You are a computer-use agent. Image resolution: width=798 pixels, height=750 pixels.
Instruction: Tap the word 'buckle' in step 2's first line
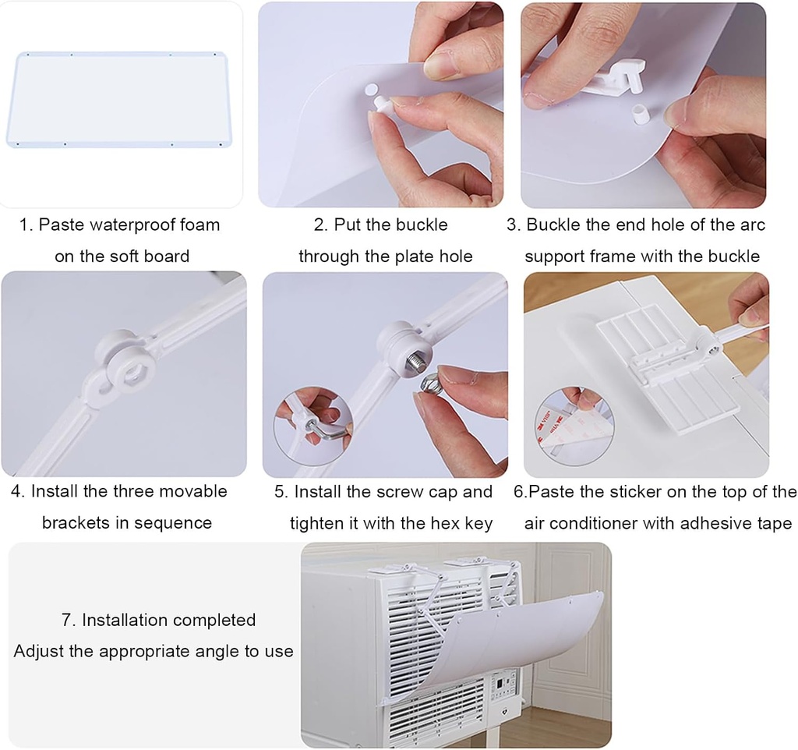(421, 225)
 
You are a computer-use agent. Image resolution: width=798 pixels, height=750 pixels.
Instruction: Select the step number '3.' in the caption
(514, 225)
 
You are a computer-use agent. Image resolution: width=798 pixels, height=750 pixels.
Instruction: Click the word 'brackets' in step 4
(76, 523)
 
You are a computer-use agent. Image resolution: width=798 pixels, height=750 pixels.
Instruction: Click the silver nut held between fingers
(432, 384)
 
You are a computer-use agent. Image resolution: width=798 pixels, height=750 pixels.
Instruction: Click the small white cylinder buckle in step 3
(639, 114)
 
